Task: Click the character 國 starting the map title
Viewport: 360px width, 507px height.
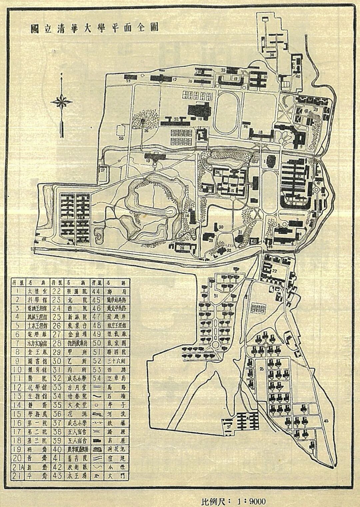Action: coord(34,28)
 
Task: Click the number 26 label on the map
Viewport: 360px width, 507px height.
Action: coord(146,130)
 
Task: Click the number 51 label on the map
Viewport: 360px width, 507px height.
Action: coord(216,296)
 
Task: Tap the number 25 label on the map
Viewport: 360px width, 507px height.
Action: coord(261,369)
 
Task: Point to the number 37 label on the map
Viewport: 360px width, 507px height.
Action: coord(228,427)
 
